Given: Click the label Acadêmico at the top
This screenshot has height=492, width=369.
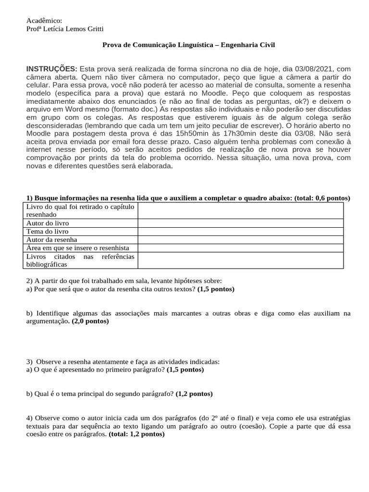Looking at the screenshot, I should pos(44,21).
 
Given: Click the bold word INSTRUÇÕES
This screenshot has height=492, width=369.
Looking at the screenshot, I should pos(52,69).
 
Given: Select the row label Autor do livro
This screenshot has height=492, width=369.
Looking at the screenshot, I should pos(48,223).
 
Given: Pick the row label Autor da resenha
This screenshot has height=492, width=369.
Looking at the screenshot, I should pos(51,239).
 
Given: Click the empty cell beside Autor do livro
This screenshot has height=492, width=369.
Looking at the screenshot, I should pos(240,223).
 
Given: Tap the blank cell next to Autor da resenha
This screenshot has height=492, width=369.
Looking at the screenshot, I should pos(240,239).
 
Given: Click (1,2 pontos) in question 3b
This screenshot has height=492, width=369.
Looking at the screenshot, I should pos(194,394).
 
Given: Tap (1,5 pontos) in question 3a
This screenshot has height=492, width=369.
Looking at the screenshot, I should pos(185,369).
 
